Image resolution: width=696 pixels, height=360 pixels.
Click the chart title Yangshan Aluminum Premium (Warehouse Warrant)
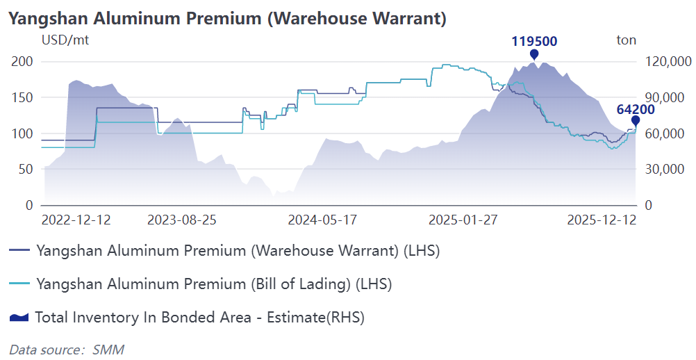tap(227, 18)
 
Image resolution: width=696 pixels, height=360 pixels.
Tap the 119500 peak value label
tap(534, 41)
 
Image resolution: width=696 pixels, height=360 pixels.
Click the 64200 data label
tap(635, 108)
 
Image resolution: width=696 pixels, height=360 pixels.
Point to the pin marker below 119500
tap(534, 55)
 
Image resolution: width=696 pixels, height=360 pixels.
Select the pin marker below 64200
tap(635, 121)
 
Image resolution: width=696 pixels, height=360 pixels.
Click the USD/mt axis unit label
tap(65, 40)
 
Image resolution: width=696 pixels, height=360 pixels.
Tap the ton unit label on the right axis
tap(626, 40)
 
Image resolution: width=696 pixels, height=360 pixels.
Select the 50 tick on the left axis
tap(26, 169)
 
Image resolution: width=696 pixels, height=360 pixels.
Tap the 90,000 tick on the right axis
tap(669, 97)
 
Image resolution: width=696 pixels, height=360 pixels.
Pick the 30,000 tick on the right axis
tap(669, 169)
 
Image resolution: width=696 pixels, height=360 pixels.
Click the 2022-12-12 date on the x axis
tap(76, 220)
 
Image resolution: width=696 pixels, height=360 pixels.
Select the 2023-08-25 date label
tap(182, 220)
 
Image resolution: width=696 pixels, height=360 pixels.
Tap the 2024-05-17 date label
tap(322, 220)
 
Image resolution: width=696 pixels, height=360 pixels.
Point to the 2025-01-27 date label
tap(463, 220)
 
